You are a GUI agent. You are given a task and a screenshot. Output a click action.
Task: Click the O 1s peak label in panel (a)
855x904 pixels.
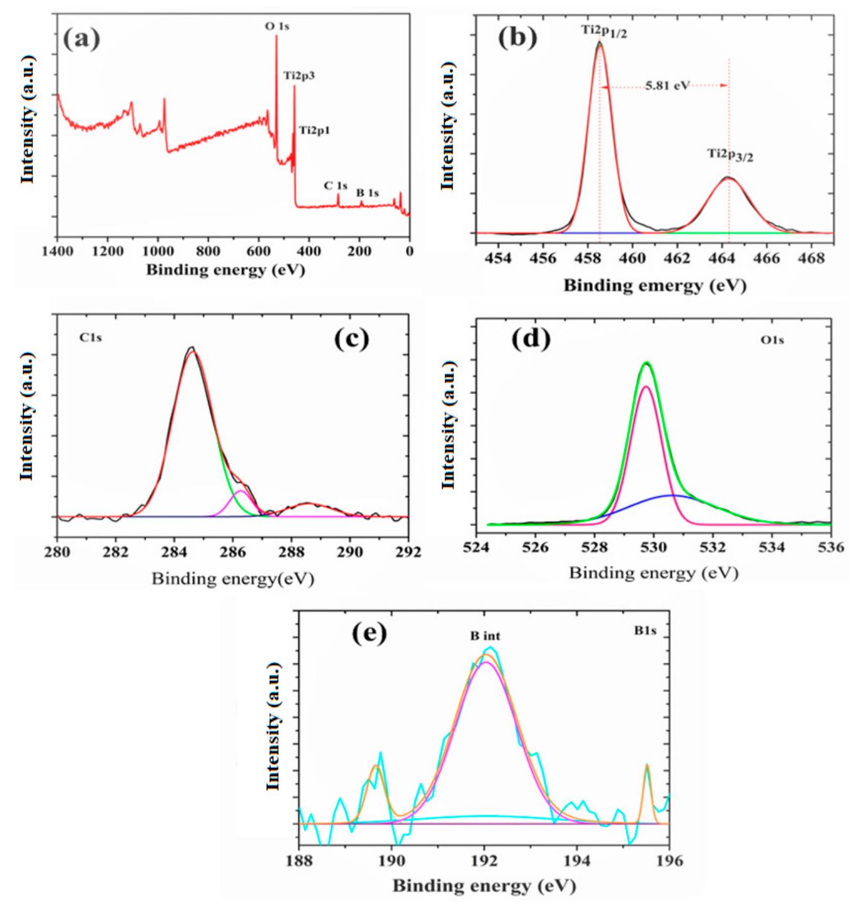tap(277, 27)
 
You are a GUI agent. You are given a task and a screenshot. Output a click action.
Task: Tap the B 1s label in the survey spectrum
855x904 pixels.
tap(367, 193)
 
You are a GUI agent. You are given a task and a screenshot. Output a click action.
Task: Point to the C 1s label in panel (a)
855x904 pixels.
tap(336, 185)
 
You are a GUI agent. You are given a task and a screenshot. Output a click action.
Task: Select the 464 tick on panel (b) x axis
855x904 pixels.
tap(722, 258)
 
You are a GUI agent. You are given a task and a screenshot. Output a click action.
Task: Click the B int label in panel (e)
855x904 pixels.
tap(484, 636)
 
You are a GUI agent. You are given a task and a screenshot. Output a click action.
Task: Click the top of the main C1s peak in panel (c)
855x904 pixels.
tap(192, 349)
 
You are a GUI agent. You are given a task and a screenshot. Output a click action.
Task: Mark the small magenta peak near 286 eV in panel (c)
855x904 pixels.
tap(239, 492)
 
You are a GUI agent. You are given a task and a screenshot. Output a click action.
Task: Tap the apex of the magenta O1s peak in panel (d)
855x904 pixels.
tap(646, 387)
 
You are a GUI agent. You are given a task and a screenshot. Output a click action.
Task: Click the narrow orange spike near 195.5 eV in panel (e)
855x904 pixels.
tap(647, 766)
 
